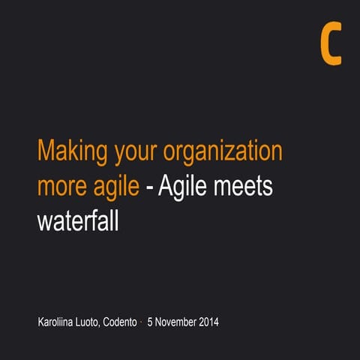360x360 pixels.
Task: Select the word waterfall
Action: point(78,221)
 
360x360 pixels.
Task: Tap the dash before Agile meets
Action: point(150,188)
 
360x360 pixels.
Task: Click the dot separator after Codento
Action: point(142,322)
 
